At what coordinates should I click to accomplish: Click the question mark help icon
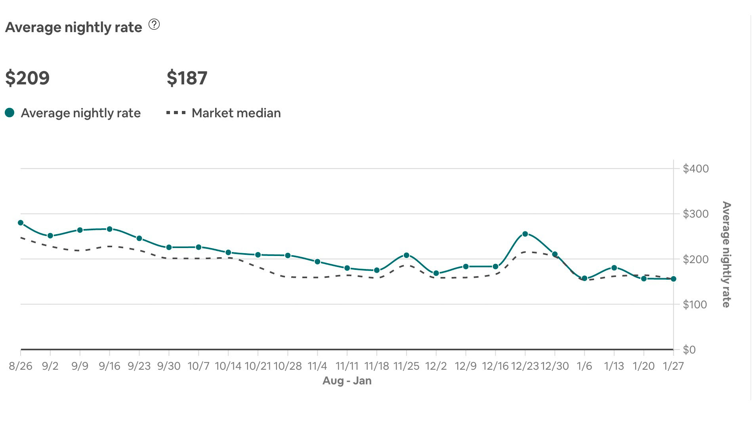pos(154,25)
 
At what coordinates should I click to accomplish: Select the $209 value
pos(27,78)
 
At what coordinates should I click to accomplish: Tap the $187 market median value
pos(187,78)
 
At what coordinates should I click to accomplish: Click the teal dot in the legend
pos(10,113)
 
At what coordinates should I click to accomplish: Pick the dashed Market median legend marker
pos(176,113)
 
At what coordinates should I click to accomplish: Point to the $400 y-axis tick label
pos(695,169)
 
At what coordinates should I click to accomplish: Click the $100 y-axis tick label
pos(695,305)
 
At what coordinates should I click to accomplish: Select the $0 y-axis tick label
pos(689,350)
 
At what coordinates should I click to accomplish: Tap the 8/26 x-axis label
pos(21,366)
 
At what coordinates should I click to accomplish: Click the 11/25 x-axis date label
pos(406,366)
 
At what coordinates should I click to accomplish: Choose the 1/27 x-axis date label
pos(673,366)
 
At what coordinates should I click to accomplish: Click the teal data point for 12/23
pos(525,234)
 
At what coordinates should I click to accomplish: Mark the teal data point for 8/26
pos(21,223)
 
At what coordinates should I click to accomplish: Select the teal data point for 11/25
pos(406,255)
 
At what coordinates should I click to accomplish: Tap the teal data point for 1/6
pos(584,278)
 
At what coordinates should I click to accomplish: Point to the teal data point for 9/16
pos(109,229)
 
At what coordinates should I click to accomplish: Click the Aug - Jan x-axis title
pos(347,381)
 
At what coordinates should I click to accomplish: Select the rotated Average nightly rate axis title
pos(726,254)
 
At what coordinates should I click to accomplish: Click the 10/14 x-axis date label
pos(228,366)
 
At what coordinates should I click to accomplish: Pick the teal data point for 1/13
pos(614,268)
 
